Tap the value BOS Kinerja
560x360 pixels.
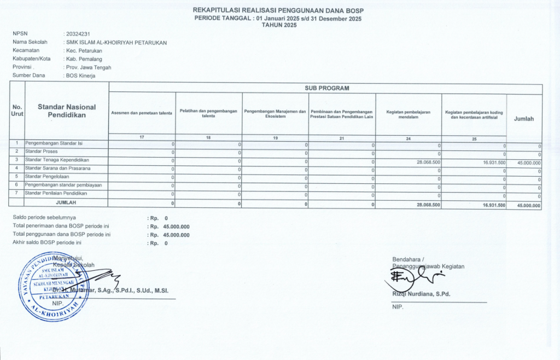81,76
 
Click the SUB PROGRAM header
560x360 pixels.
326,88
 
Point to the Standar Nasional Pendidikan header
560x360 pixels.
66,111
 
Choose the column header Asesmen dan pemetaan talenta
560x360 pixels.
142,113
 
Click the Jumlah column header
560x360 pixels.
524,118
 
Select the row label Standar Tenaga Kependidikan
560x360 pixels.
57,159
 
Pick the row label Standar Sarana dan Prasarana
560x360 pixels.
57,167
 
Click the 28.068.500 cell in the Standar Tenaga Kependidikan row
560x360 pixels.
428,162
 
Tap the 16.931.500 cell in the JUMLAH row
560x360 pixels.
494,205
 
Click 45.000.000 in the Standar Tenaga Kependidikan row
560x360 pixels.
528,163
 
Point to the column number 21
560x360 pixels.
342,138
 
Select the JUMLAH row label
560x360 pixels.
66,202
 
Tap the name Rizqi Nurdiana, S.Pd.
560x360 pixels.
421,294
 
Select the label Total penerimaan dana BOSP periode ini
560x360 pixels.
61,226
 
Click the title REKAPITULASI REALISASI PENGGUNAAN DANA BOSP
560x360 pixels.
278,11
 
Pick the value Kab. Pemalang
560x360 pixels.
83,59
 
